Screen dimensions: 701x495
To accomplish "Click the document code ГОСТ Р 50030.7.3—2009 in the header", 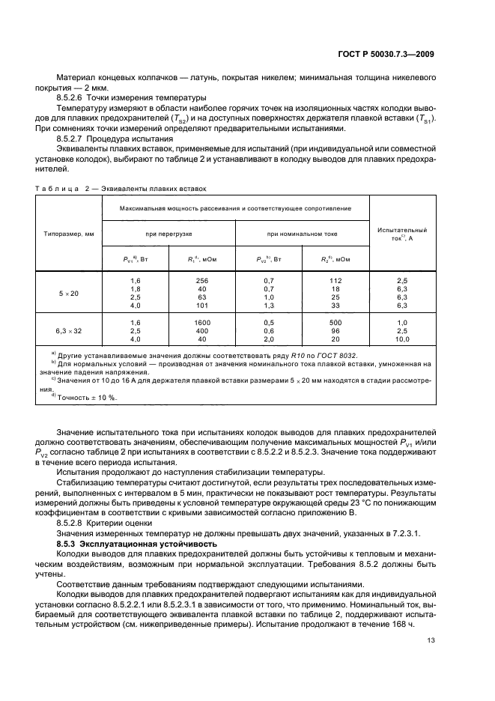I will (x=383, y=53).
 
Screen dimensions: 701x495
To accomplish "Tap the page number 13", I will (x=431, y=640).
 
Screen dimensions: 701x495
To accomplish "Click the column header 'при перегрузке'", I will (x=168, y=234).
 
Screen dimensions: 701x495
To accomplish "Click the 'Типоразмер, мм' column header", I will (x=68, y=234).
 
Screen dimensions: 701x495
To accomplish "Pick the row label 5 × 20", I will (x=68, y=293).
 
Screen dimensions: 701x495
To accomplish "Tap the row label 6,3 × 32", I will (x=68, y=330).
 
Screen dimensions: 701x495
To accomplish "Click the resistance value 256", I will (x=202, y=279).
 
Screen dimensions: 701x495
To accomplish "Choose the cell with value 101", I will (x=202, y=306).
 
